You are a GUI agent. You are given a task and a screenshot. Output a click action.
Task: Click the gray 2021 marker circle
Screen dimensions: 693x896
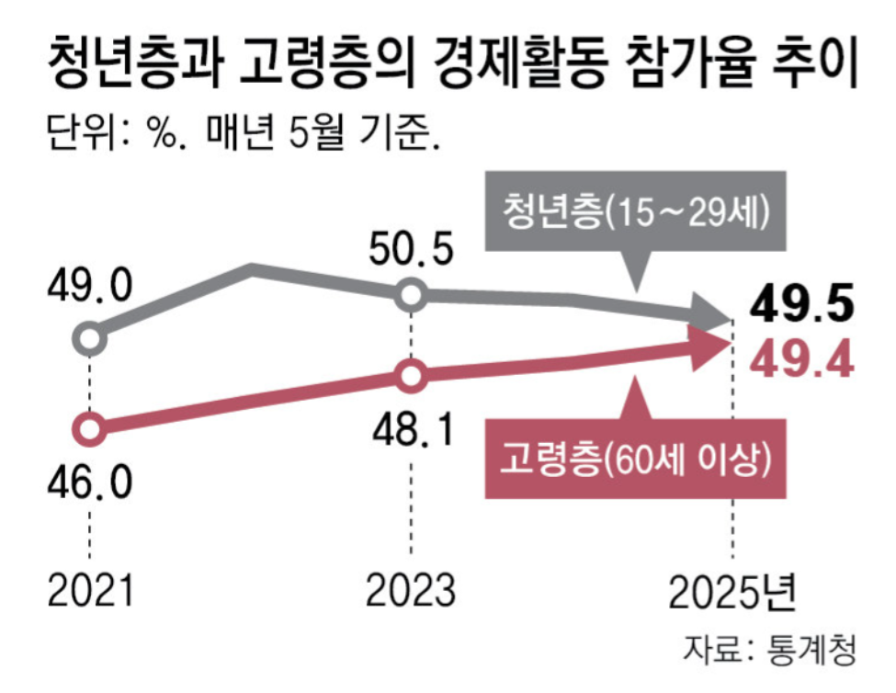coord(89,339)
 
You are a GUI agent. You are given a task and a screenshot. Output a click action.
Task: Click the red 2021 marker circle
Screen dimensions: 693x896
coord(89,428)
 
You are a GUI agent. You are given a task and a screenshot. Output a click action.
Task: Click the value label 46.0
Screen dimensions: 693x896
coord(90,480)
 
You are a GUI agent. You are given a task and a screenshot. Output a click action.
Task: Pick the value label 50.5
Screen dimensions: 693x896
coord(410,249)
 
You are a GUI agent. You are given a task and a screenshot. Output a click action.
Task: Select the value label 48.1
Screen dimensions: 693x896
coord(411,426)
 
